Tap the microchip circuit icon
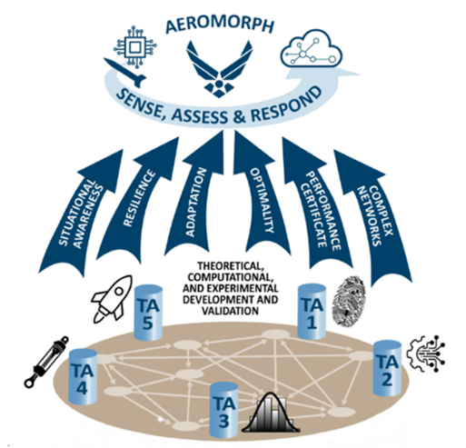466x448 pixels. tap(135, 46)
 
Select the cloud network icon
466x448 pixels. tap(312, 48)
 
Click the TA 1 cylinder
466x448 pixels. tap(312, 312)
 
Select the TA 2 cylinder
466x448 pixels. tap(387, 368)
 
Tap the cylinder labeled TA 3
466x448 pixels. tap(224, 410)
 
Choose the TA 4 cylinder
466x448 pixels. tap(83, 376)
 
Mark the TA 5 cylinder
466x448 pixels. tap(148, 313)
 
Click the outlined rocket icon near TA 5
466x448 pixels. tap(113, 298)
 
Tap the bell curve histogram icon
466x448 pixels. tap(271, 413)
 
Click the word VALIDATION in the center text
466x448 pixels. tap(230, 311)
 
